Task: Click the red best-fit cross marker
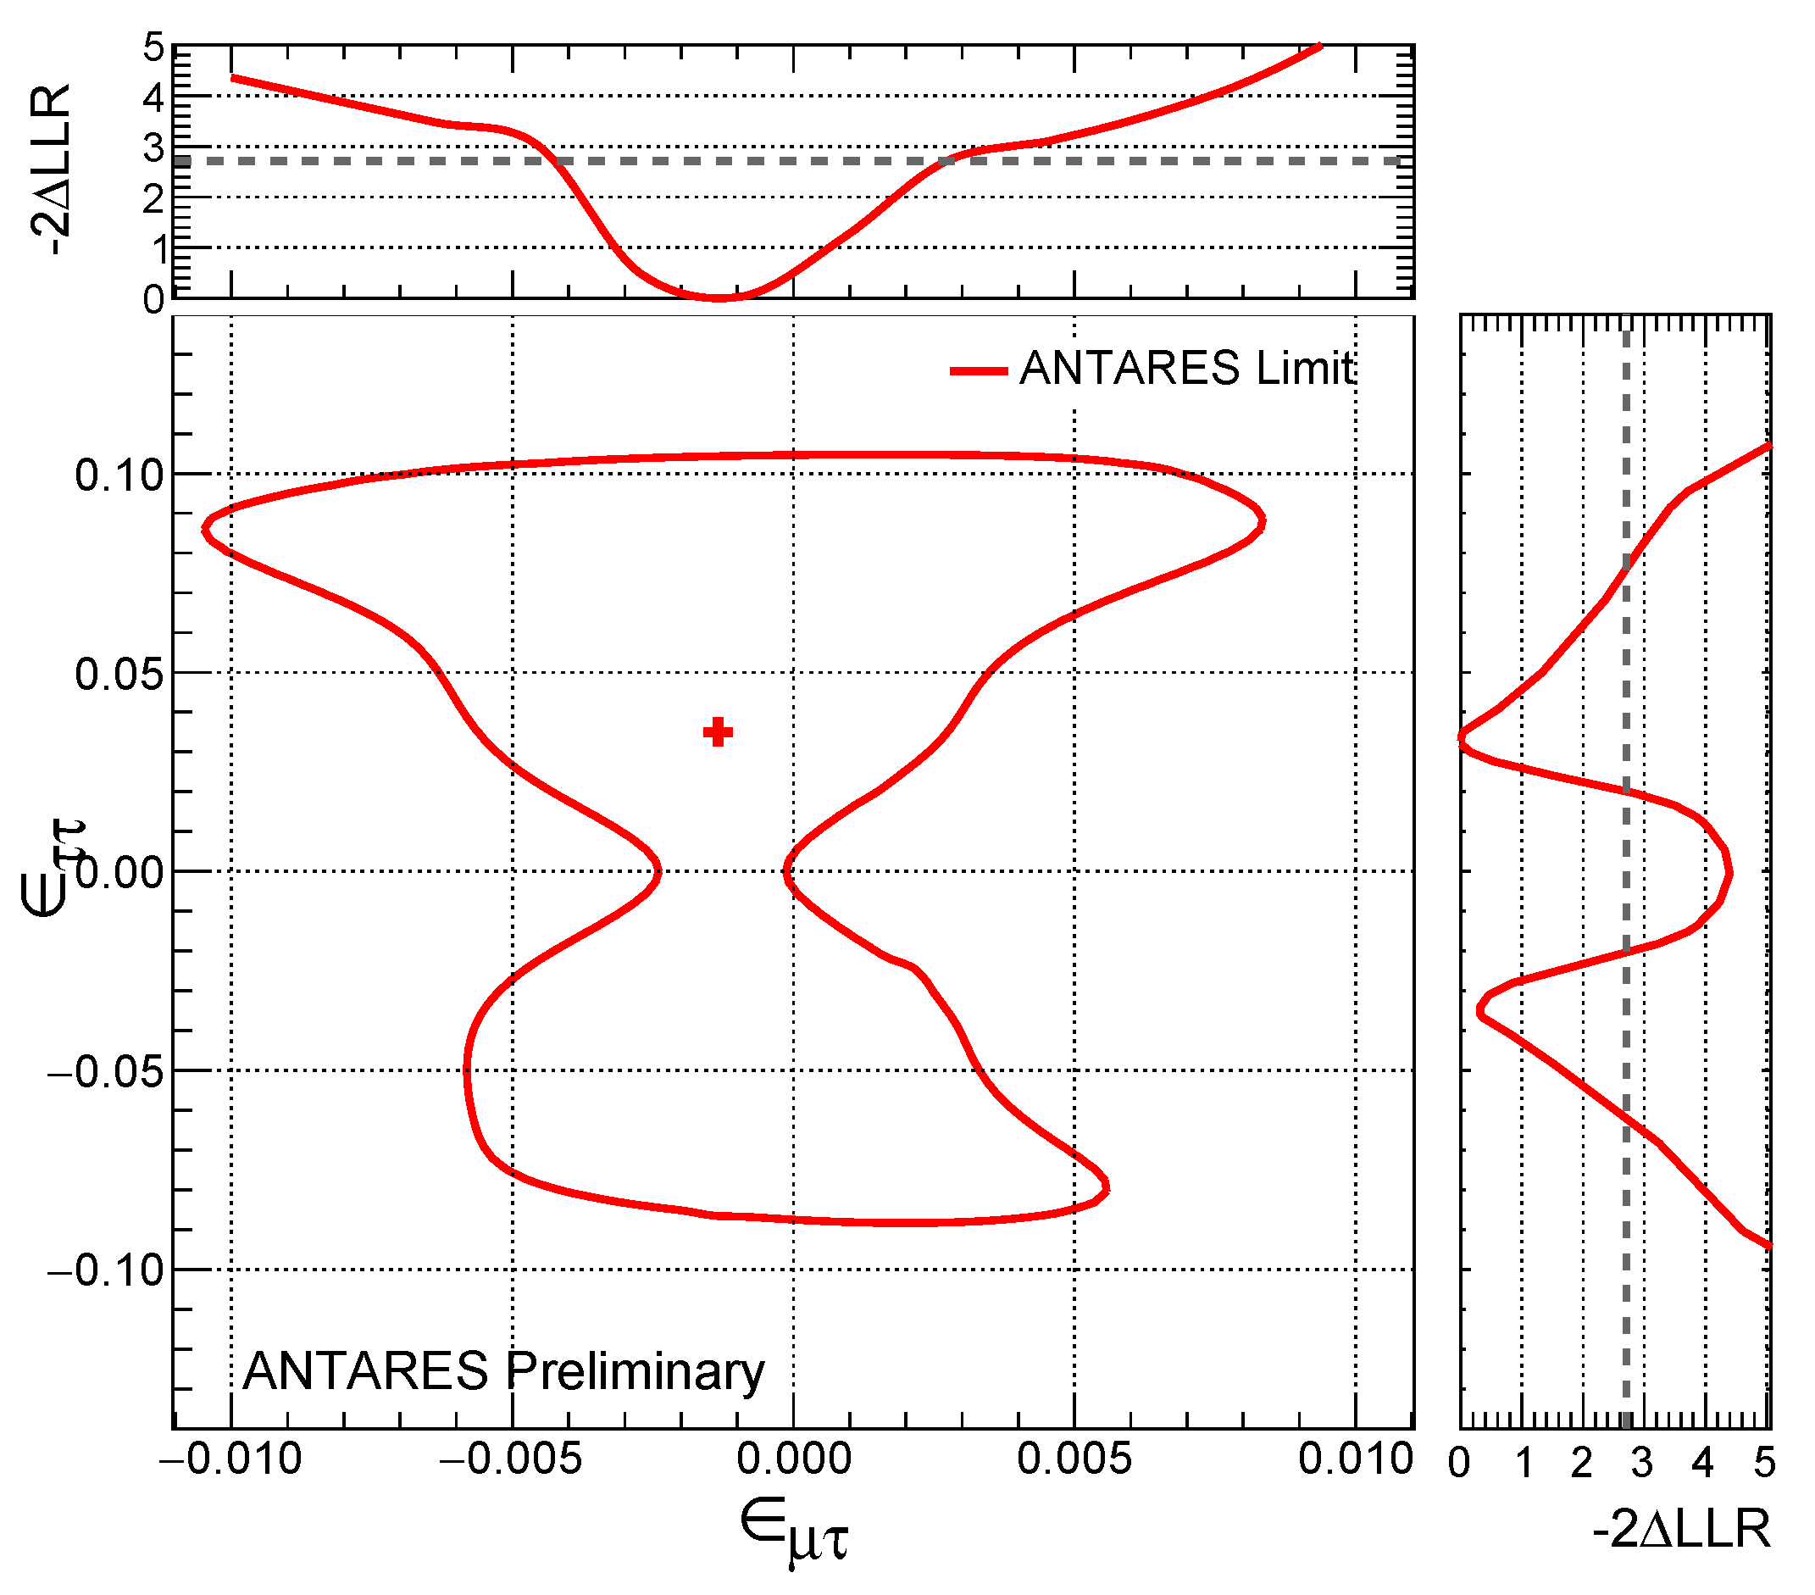pos(718,733)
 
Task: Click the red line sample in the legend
pos(978,370)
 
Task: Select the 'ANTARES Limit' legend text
pos(1186,368)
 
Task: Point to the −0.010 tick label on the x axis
pos(230,1459)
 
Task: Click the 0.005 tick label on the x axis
pos(1074,1459)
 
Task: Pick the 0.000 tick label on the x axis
pos(794,1459)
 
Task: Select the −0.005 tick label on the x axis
pos(512,1459)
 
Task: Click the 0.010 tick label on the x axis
pos(1355,1459)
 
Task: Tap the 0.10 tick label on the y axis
pos(119,475)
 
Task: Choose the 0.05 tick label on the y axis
pos(119,674)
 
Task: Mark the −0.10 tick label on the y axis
pos(107,1271)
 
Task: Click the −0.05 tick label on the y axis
pos(107,1072)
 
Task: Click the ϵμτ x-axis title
pos(794,1529)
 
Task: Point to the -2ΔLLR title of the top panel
pos(49,170)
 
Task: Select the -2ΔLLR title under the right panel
pos(1681,1529)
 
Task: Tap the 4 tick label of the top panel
pos(153,97)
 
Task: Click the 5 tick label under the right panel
pos(1764,1463)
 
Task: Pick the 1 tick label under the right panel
pos(1524,1463)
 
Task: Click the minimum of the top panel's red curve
pos(719,297)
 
